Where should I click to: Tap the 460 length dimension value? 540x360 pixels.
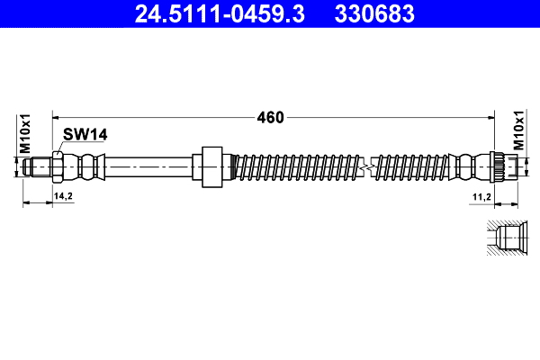click(270, 117)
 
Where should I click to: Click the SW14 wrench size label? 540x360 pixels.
click(85, 135)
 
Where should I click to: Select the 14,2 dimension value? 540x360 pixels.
click(63, 194)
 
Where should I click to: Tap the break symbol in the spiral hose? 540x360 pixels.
click(365, 166)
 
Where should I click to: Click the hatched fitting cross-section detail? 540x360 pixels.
click(507, 239)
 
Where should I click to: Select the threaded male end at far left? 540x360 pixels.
click(38, 166)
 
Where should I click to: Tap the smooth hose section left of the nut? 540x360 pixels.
click(148, 166)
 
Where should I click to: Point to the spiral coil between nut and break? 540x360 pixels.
click(297, 166)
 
